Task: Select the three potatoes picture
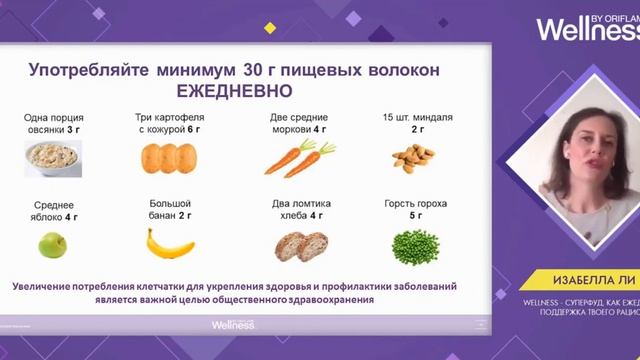pos(168,159)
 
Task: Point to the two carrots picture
pos(298,158)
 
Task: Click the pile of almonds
pos(413,156)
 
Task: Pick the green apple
pos(52,243)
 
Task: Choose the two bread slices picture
pos(299,246)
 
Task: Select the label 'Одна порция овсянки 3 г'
pos(52,123)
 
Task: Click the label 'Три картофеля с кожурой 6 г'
pos(168,123)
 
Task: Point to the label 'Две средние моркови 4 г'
pos(298,123)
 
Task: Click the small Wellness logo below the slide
pos(233,325)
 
